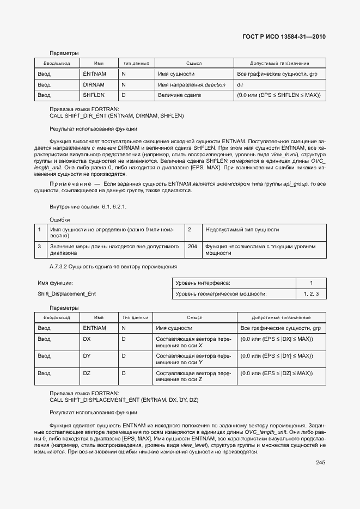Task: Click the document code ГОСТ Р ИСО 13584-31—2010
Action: click(284, 37)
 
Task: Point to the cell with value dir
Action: click(240, 85)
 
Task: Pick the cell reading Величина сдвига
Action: click(180, 95)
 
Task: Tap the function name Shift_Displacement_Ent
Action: click(66, 294)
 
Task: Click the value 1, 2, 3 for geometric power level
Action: click(311, 294)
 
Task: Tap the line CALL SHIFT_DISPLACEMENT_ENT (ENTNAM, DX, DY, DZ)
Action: click(124, 400)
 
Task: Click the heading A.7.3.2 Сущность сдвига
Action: click(113, 267)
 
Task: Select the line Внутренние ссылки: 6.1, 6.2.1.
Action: click(88, 207)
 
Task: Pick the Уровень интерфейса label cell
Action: click(203, 283)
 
